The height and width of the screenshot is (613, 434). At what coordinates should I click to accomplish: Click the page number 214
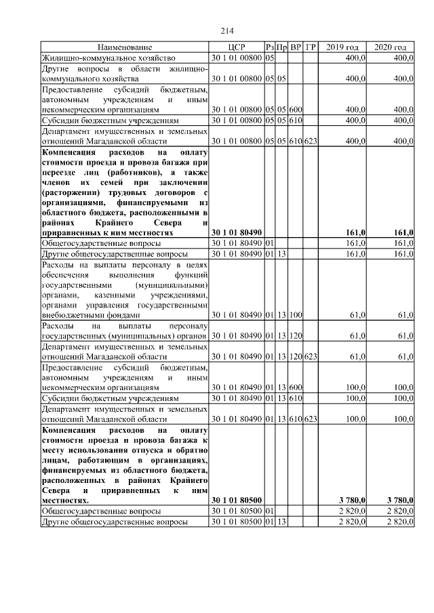227,30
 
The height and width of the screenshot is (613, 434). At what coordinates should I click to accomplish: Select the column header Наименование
125,47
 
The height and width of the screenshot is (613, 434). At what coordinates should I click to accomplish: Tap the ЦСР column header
236,47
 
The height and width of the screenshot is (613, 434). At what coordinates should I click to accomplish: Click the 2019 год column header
342,47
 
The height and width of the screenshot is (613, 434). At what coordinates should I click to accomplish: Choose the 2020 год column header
390,47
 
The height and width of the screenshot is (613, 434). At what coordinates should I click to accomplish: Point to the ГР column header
311,47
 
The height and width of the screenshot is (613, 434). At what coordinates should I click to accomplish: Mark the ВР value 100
296,315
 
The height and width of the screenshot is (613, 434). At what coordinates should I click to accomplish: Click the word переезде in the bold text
62,172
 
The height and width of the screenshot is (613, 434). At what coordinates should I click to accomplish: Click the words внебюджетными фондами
90,315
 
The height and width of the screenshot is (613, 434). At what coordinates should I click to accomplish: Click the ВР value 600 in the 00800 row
296,108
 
